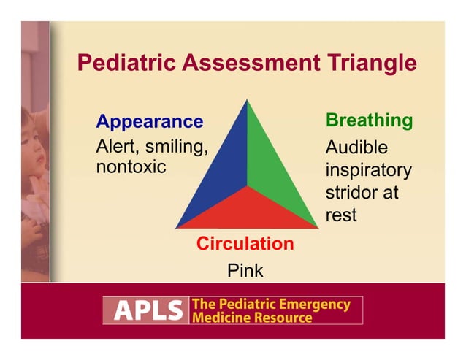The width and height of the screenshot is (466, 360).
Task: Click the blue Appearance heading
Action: pyautogui.click(x=149, y=121)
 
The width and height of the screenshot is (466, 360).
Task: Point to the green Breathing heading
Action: pyautogui.click(x=369, y=120)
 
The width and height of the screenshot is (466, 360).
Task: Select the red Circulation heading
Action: pyautogui.click(x=245, y=244)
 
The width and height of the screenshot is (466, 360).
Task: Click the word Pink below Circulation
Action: pyautogui.click(x=245, y=271)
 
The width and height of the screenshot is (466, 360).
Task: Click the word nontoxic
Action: pyautogui.click(x=131, y=167)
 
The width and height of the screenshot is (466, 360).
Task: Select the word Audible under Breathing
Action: pyautogui.click(x=356, y=147)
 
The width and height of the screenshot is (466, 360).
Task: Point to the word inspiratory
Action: pyautogui.click(x=368, y=171)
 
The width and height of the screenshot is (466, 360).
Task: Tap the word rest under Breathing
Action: pyautogui.click(x=341, y=216)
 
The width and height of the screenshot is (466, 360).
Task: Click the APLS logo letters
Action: pyautogui.click(x=145, y=311)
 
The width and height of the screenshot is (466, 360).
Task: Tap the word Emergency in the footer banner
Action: pyautogui.click(x=310, y=304)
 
